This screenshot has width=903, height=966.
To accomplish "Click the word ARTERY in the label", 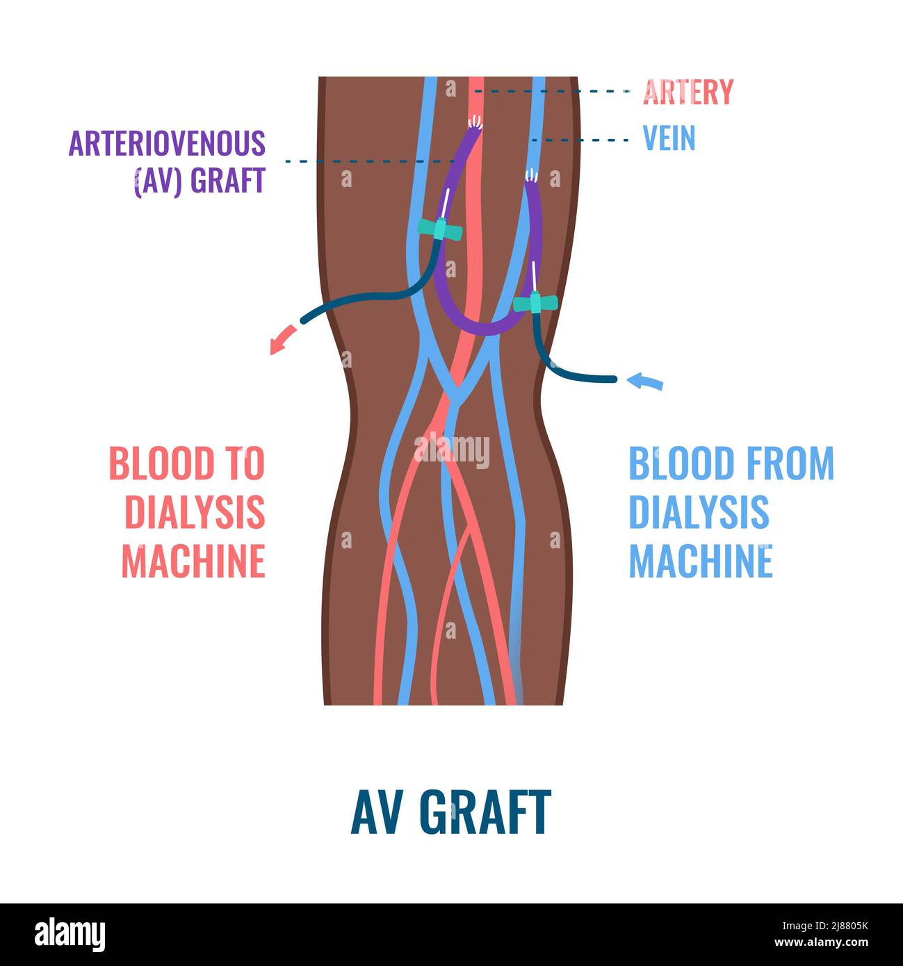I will tap(688, 92).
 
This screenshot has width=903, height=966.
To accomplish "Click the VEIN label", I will tap(669, 138).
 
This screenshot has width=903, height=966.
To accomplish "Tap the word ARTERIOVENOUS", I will tap(167, 143).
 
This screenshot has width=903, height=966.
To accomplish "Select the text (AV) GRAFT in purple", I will tap(200, 181).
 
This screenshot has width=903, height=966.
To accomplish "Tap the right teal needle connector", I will tap(535, 302).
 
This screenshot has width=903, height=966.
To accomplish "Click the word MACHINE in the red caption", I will tap(194, 561).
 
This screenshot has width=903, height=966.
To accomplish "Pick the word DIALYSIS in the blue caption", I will tap(699, 512).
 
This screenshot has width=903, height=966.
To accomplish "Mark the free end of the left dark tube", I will tap(302, 321).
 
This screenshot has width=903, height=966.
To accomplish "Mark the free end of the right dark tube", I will tap(613, 379).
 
